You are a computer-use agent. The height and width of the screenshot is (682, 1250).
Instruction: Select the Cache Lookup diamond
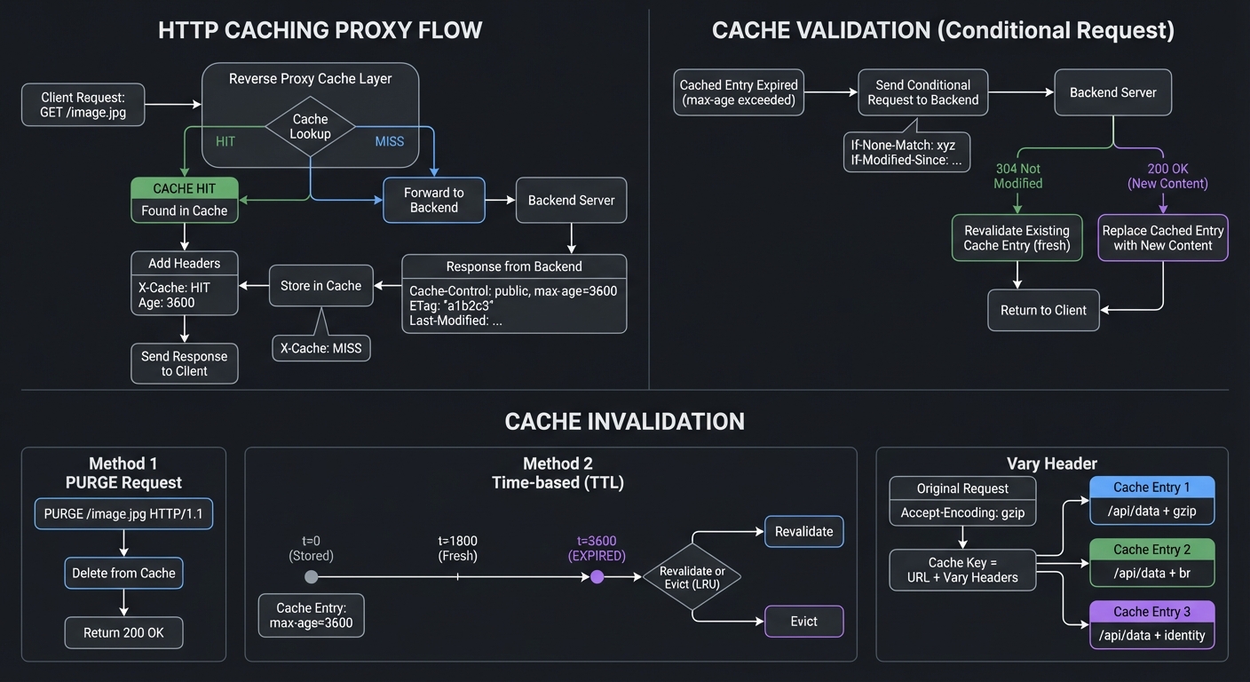coord(310,126)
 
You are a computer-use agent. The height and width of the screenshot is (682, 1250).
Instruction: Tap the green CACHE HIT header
coord(185,188)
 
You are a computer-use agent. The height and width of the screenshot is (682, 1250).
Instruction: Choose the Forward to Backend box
coord(433,200)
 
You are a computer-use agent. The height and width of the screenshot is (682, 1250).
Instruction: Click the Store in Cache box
coord(320,285)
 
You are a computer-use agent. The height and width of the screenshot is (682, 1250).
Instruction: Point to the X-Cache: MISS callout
coord(320,348)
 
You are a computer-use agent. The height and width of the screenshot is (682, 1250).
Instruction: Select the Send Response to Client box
coord(185,363)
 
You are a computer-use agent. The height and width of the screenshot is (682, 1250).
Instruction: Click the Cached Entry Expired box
coord(739,92)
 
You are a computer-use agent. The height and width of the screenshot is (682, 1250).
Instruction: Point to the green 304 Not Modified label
coord(1017,176)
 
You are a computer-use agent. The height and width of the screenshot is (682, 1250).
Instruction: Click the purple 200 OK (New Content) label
coord(1167,176)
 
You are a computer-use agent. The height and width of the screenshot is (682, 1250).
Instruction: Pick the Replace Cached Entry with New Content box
coord(1162,237)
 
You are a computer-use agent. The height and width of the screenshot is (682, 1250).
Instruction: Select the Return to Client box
coord(1043,310)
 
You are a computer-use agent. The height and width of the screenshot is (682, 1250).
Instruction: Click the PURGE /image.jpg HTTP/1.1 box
coord(123,513)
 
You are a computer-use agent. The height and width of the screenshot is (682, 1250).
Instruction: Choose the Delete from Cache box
coord(123,573)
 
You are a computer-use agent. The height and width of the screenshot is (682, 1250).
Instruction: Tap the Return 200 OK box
coord(123,632)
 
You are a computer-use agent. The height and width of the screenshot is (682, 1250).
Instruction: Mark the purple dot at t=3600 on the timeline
coord(597,576)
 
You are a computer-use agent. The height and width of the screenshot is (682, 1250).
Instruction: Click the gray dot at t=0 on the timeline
coord(311,576)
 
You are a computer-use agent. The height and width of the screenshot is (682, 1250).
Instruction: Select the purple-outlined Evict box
coord(803,621)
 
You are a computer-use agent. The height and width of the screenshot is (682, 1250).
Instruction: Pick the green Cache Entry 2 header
coord(1151,549)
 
